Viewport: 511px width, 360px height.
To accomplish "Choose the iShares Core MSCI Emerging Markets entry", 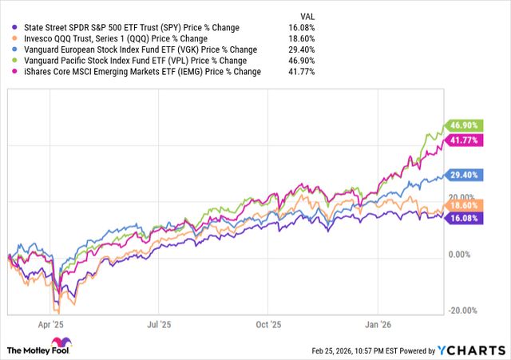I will click(x=133, y=71).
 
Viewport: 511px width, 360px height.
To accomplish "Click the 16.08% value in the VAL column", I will click(x=303, y=26).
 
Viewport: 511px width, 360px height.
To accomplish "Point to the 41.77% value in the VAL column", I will click(x=303, y=71).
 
